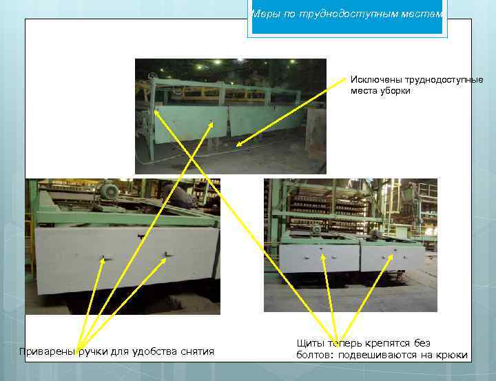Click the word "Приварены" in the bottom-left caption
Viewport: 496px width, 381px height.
tap(48, 351)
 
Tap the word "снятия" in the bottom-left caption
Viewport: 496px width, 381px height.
tap(198, 351)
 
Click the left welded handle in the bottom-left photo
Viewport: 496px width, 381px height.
tap(105, 258)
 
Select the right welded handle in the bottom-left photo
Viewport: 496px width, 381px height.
tap(166, 255)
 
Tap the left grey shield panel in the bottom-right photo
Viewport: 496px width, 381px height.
tap(320, 258)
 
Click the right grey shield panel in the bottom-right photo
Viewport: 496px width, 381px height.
tap(393, 258)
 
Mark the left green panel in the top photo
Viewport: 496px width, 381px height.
tap(192, 123)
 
